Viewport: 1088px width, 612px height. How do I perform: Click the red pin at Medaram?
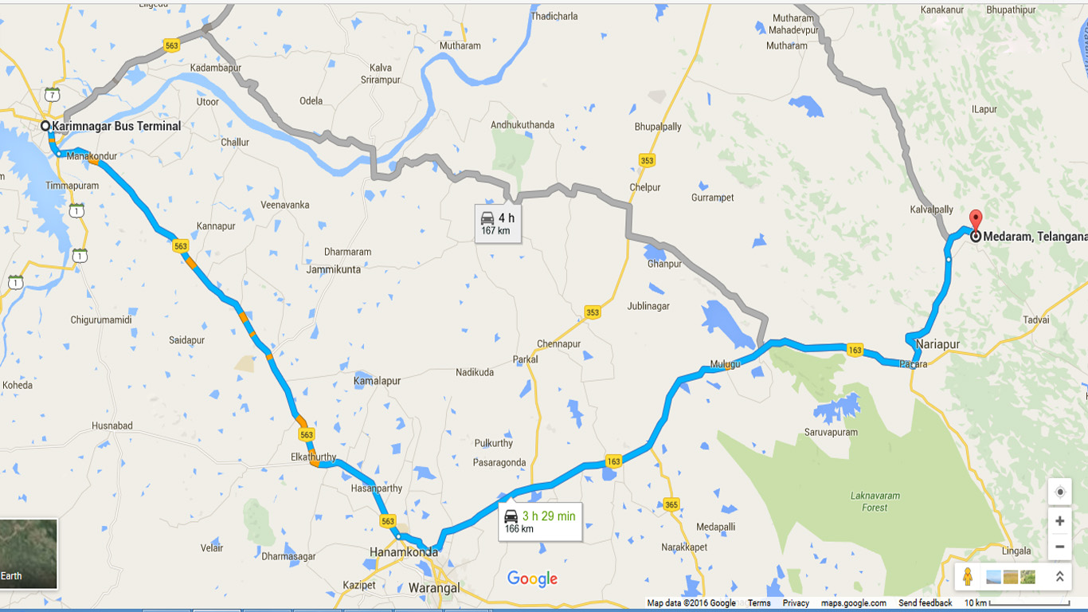975,220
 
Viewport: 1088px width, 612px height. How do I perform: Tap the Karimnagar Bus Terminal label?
116,126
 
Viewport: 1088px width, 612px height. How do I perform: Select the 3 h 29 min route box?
540,522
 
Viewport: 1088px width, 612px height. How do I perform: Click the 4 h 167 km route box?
498,224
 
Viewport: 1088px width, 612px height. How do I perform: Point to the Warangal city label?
434,588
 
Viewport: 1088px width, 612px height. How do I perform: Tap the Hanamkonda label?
404,551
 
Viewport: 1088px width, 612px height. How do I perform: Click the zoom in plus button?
1059,521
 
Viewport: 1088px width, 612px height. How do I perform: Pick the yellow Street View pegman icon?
968,576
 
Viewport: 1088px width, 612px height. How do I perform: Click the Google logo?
532,579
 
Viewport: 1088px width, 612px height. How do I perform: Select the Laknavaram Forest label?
875,501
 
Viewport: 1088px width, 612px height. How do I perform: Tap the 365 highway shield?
671,504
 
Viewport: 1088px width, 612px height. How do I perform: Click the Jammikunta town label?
334,269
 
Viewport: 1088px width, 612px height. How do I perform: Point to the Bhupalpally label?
658,127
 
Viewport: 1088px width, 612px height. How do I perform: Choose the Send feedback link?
925,603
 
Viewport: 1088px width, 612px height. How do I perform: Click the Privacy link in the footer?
796,603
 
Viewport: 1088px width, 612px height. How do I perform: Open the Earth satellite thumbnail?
29,554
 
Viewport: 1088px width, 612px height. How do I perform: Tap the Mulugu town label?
725,364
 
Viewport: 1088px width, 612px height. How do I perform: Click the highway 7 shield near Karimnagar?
53,95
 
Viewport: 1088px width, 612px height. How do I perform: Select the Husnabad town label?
112,426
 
